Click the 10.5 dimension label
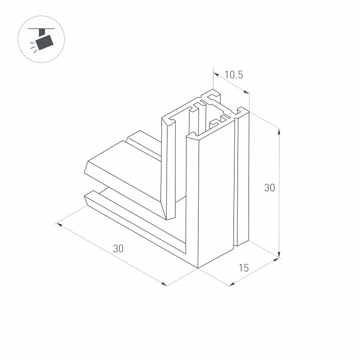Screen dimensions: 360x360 [x=233, y=75]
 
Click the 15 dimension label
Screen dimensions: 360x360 [x=243, y=267]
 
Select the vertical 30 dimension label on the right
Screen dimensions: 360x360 [x=269, y=187]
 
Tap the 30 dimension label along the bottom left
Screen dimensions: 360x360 [x=118, y=248]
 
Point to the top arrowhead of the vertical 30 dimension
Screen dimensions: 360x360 [x=279, y=132]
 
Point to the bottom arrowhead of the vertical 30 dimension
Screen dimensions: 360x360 [x=279, y=254]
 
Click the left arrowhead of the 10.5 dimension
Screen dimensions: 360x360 [x=216, y=74]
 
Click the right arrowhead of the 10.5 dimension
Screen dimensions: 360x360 [x=246, y=92]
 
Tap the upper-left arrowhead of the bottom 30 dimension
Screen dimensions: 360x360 [x=59, y=224]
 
